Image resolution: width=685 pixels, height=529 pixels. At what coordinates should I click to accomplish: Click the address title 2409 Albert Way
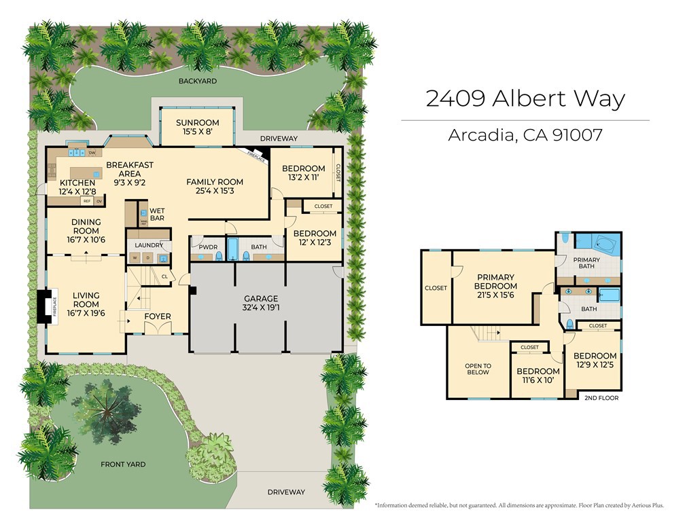525,98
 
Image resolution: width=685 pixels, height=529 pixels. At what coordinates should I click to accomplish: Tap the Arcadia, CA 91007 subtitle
525,135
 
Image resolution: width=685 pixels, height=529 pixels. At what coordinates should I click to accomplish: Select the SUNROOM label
197,123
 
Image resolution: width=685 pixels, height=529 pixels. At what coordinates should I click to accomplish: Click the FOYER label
158,316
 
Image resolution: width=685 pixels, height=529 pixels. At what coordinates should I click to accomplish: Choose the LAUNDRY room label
148,245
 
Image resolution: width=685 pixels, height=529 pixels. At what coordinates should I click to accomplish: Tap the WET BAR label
157,215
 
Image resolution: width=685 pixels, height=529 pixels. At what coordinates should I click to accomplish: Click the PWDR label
205,247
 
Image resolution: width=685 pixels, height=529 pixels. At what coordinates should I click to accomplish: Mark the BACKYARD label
197,81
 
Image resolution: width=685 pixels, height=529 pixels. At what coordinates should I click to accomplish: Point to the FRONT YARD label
123,464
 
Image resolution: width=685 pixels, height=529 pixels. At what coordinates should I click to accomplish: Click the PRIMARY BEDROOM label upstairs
495,281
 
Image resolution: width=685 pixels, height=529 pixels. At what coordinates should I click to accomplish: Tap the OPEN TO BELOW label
478,369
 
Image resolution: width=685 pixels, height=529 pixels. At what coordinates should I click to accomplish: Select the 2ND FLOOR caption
601,398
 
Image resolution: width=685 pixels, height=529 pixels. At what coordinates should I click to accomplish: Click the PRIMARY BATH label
586,263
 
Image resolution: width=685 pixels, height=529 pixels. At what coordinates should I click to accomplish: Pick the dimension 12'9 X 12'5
595,365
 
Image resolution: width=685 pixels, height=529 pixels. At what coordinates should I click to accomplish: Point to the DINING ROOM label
86,227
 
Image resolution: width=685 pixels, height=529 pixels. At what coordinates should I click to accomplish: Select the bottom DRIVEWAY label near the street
285,492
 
